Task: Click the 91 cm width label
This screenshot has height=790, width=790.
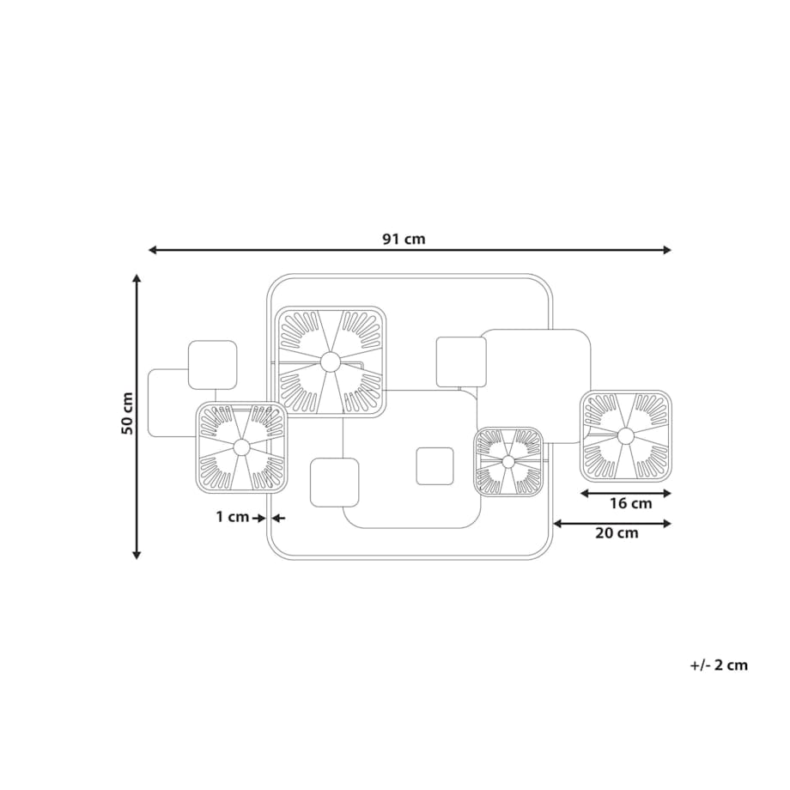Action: (404, 239)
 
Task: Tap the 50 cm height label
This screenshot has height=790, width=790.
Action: (127, 413)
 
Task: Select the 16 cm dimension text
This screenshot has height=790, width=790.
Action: (631, 503)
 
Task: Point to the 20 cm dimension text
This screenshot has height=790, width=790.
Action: (617, 533)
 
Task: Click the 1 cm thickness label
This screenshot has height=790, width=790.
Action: (233, 517)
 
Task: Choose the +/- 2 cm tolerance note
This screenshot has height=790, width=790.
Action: (719, 665)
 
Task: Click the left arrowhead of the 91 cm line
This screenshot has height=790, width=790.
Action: (152, 250)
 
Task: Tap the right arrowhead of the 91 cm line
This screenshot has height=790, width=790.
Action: (667, 250)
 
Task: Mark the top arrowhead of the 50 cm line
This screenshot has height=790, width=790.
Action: (136, 278)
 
